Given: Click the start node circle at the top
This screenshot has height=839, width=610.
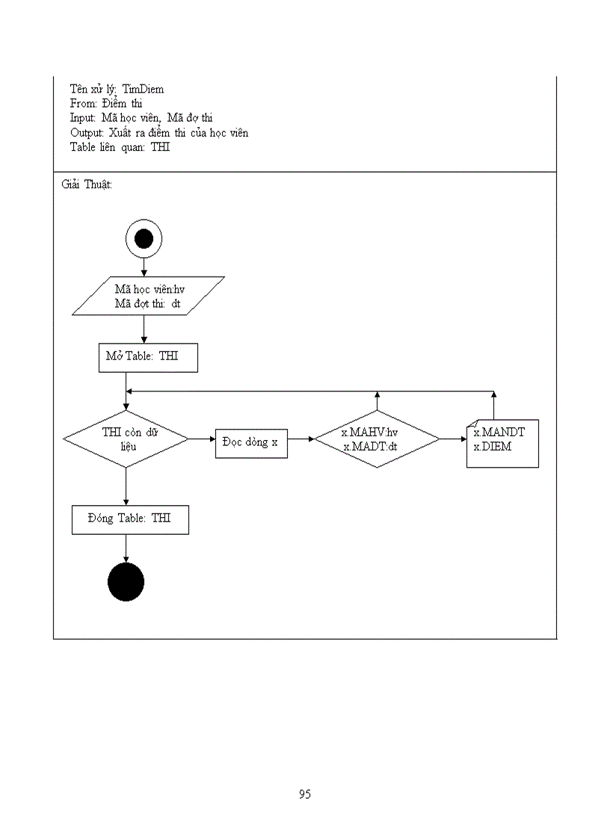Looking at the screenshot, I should point(144,238).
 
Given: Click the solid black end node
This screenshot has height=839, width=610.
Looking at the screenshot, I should point(126,582).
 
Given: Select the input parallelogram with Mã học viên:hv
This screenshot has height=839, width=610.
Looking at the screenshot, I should point(148,296).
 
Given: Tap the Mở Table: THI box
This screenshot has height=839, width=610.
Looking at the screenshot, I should point(148,357).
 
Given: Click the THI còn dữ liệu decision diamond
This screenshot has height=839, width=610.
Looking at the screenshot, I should point(126,439).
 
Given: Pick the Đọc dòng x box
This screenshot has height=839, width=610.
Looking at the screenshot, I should point(251,442).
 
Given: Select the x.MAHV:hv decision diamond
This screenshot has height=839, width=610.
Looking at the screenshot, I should point(377,439).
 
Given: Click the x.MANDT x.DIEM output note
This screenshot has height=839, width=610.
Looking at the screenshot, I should point(502,443).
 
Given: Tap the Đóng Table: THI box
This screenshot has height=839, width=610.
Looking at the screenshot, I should point(130,519).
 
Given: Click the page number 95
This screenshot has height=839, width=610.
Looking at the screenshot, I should point(304,794).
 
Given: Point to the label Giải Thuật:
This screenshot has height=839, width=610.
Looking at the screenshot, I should point(87,185).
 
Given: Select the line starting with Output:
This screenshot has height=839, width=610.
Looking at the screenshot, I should point(159,132).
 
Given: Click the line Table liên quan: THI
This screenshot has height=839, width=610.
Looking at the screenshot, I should point(120,146).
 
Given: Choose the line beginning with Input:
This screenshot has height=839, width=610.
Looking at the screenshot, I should point(141,118).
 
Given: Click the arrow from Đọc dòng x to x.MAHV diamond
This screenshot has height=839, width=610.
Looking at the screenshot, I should point(301,439).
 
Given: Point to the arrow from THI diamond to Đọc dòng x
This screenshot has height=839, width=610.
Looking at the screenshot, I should point(202,439).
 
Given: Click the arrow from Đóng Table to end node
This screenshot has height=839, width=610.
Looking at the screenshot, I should point(126,549).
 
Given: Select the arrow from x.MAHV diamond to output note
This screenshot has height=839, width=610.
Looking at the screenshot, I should point(453,439).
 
